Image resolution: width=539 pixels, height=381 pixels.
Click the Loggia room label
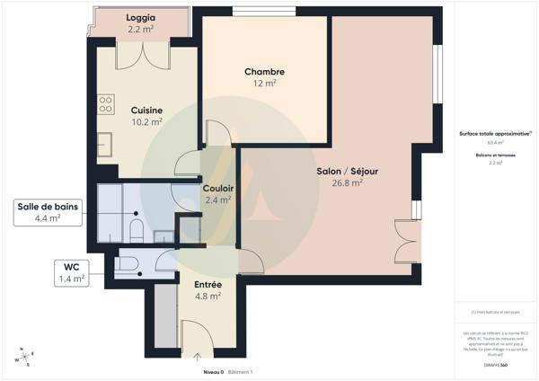[x=141, y=18]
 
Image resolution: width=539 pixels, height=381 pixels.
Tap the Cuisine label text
[x=146, y=109]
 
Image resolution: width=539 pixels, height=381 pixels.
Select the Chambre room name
[x=264, y=72]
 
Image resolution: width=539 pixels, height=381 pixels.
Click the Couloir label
[x=218, y=188]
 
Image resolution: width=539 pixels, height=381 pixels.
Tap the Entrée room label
[x=208, y=284]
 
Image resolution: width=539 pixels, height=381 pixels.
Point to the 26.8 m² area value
[x=346, y=182]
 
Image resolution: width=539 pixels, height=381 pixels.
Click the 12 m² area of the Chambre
[x=264, y=84]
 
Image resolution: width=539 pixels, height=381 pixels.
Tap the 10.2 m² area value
[x=146, y=121]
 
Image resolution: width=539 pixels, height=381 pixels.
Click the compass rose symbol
[x=24, y=356]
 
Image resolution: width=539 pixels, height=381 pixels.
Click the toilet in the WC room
[x=127, y=264]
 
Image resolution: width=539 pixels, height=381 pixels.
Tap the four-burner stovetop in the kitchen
[x=106, y=104]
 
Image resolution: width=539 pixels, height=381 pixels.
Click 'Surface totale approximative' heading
[x=495, y=133]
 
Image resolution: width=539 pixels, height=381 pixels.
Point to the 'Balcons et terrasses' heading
[x=495, y=155]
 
